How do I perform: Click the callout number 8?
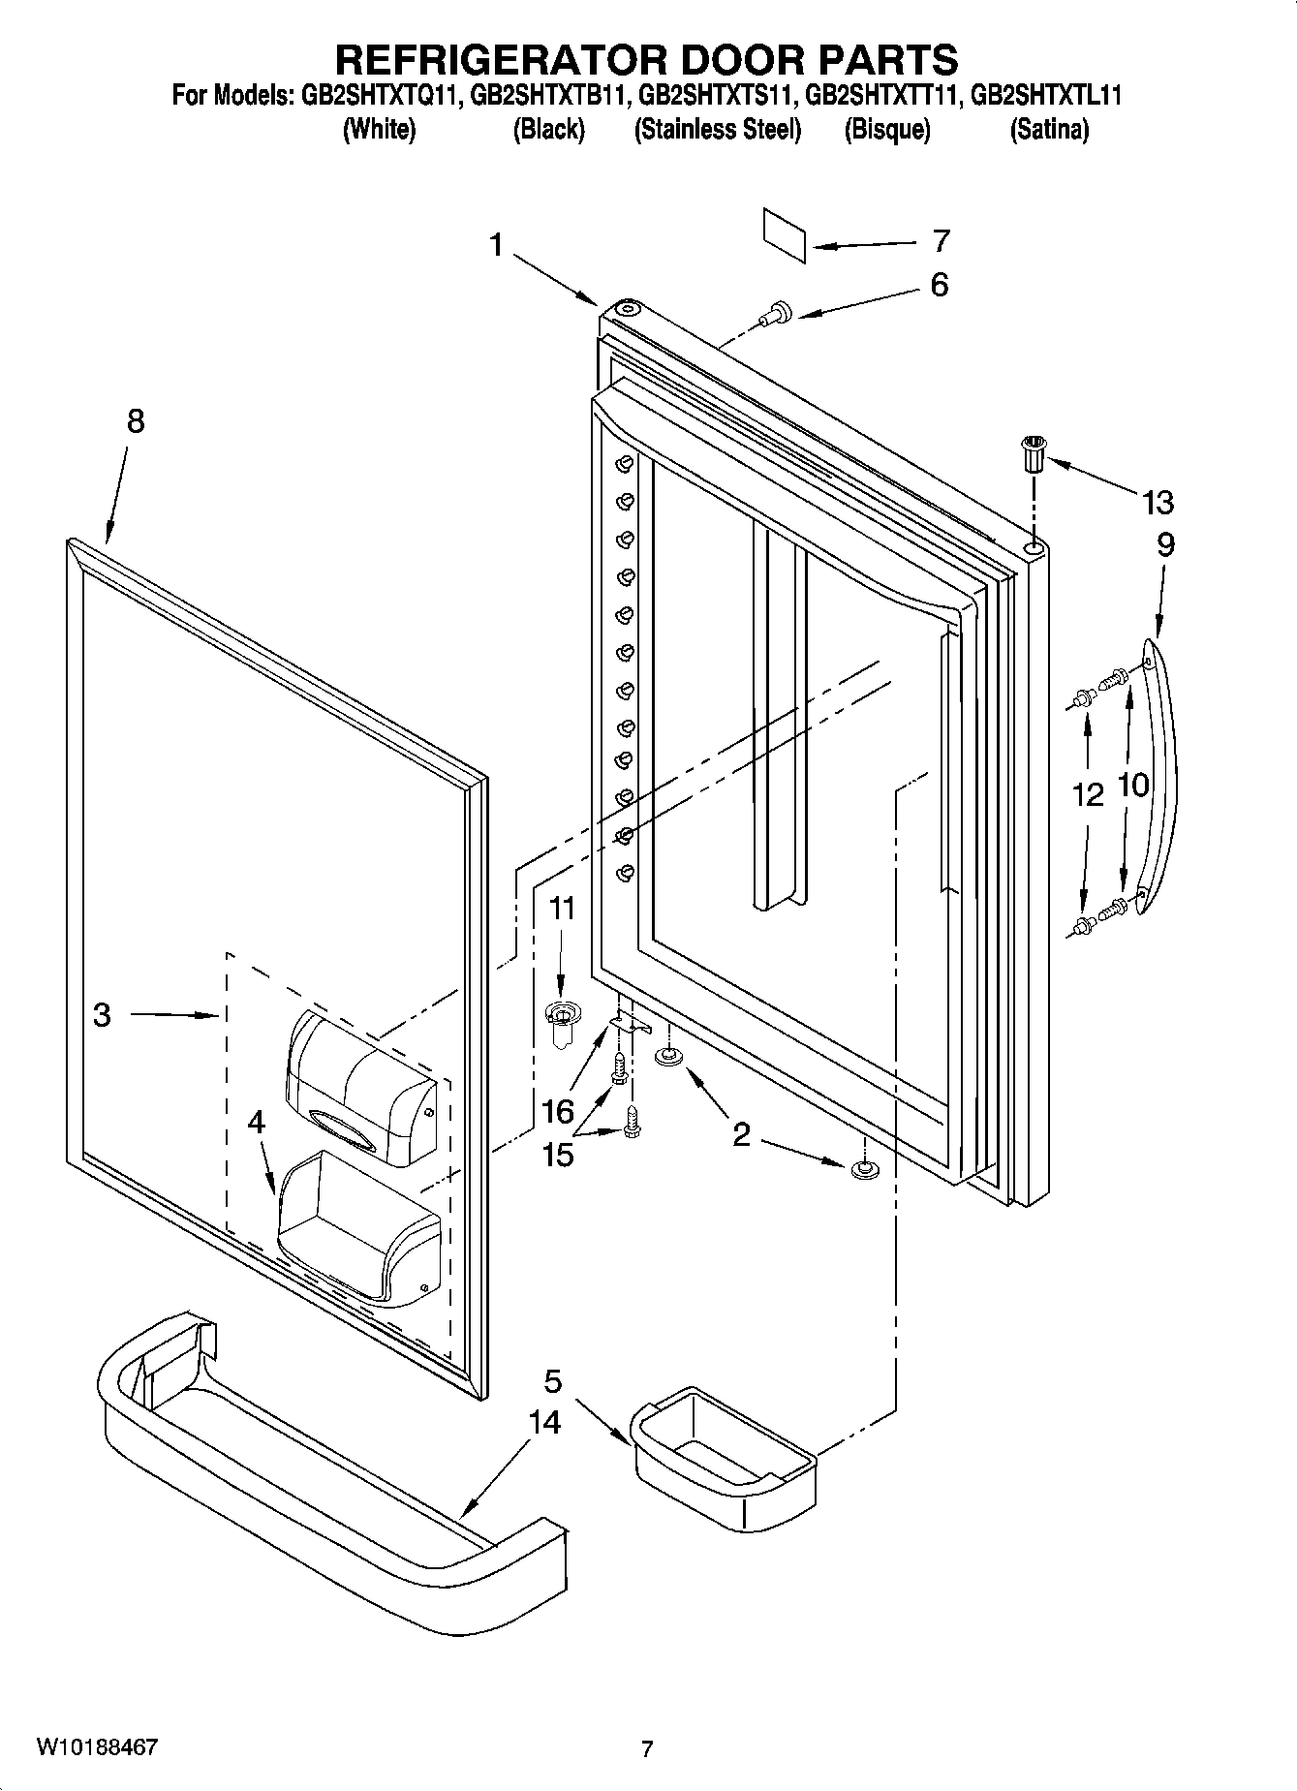135,421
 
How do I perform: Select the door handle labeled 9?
1158,775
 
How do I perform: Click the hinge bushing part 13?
1035,453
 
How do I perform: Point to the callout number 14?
544,1422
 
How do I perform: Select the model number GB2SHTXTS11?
717,96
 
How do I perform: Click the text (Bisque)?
886,130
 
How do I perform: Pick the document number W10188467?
97,1747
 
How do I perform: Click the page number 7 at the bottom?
647,1748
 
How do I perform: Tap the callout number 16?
558,1110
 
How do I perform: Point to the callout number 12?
1087,795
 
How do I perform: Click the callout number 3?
102,1015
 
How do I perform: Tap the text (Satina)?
1049,130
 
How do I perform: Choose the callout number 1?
496,246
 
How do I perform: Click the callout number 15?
558,1155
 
